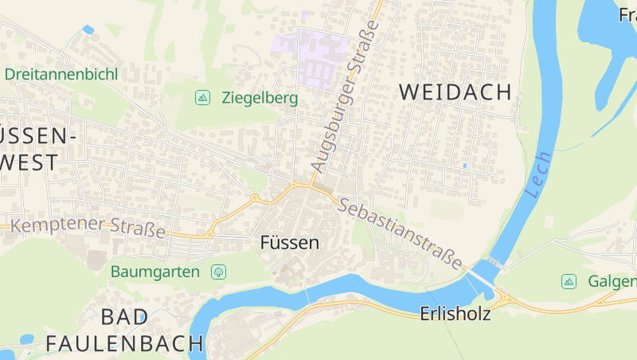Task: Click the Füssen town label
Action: point(290,243)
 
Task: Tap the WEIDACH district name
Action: point(455,92)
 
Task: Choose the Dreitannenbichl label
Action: point(61,74)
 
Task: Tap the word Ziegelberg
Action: point(260,98)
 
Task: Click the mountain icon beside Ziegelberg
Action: point(203,98)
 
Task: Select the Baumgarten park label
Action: point(154,272)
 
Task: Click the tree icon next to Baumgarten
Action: point(218,272)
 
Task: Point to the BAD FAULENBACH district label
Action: point(124,331)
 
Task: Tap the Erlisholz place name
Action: point(455,314)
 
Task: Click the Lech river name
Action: point(538,175)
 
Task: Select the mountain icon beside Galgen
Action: point(569,281)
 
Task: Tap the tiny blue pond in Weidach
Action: point(464,165)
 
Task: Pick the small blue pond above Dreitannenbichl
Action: point(88,29)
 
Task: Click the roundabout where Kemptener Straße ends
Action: point(256,198)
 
